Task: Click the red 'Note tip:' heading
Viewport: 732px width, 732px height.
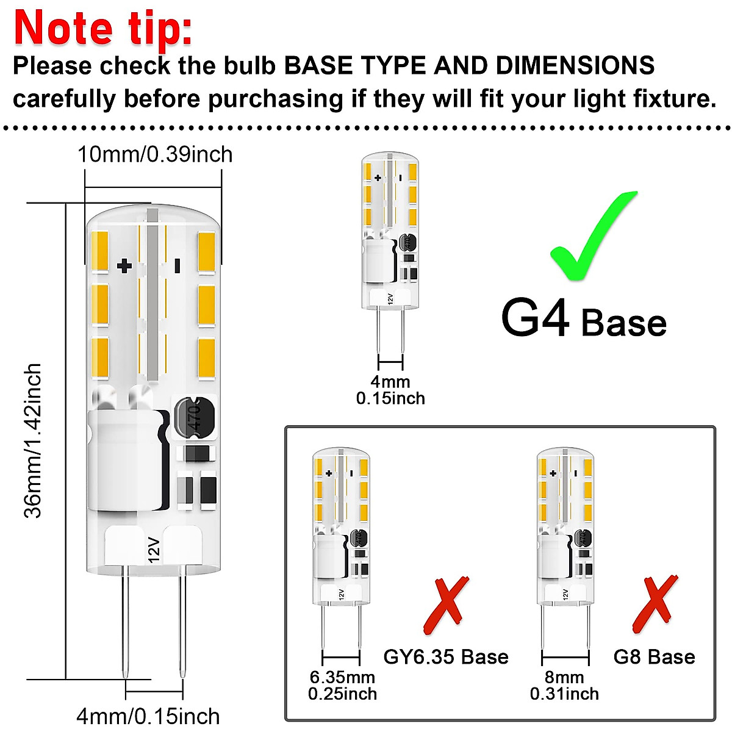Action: (x=102, y=27)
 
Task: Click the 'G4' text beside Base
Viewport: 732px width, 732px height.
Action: (x=535, y=318)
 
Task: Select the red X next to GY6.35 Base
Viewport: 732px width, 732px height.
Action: (x=447, y=605)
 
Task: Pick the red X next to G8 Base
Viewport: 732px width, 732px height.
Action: (x=655, y=604)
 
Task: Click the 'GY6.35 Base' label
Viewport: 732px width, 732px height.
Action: (x=446, y=657)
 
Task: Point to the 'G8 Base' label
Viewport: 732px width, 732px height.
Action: (x=654, y=657)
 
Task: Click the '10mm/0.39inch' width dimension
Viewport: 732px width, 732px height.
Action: (x=155, y=154)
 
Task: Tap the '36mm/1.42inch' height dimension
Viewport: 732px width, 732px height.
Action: (x=33, y=440)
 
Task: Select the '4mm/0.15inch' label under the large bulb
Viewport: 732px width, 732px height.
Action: (x=148, y=716)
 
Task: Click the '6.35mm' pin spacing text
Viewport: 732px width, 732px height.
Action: (x=342, y=677)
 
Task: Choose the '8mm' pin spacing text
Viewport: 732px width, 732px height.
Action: (x=564, y=677)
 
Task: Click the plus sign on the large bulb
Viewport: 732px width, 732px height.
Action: (x=124, y=265)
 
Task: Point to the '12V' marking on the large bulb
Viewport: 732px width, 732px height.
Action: (x=152, y=550)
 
